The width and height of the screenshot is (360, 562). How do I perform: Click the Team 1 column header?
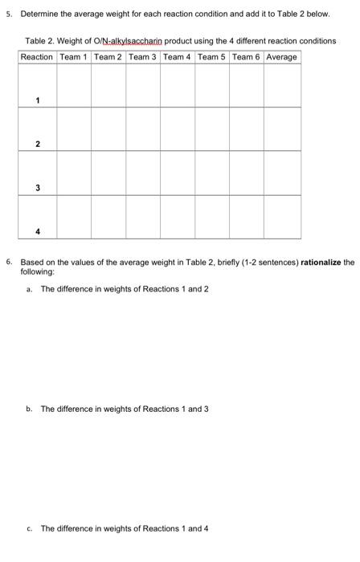[73, 57]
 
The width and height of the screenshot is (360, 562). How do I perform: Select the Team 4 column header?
[177, 57]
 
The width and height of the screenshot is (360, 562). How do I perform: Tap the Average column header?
[282, 57]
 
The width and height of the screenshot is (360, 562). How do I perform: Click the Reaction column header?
[37, 57]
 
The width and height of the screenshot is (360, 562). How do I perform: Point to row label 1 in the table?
[37, 100]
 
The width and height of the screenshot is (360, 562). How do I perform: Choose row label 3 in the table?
[37, 188]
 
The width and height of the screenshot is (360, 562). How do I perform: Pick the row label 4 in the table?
[37, 233]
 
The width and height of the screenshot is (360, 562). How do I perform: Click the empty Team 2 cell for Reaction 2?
[108, 128]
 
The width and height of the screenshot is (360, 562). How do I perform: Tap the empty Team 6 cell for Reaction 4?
[247, 217]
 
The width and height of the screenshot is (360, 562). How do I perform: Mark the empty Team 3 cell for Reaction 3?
[143, 173]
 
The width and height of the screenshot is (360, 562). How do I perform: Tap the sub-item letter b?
[29, 409]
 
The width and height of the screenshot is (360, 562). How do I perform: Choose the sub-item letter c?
[29, 528]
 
